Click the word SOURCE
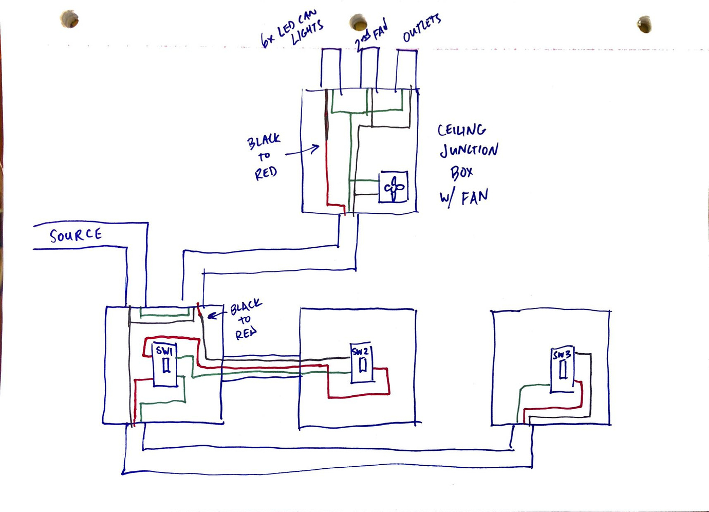76,235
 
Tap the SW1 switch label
164,351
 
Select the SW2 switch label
360,352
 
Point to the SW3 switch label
562,355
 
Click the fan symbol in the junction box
394,188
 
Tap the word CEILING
462,130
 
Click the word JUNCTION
469,150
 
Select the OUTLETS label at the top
421,28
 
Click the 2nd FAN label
371,35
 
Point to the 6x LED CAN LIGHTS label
293,30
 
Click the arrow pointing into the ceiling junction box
303,151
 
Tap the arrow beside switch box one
216,314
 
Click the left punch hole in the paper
69,20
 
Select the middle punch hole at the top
358,23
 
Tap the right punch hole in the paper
644,24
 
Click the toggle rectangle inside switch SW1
166,365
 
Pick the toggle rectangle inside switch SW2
362,364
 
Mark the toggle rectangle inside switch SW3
563,369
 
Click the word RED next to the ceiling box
266,173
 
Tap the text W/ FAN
464,197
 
